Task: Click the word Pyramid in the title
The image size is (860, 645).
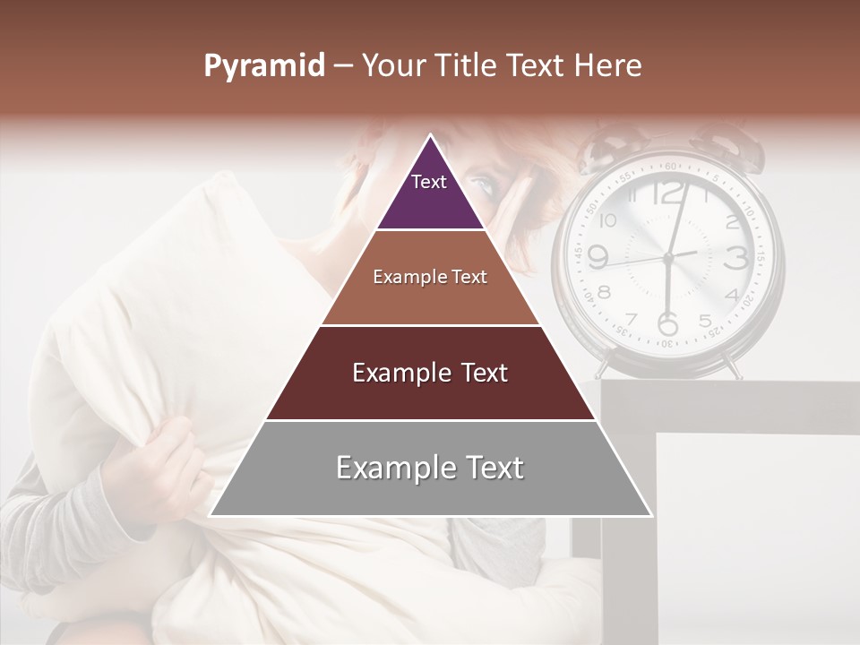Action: [264, 66]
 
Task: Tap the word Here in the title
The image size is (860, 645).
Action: [608, 65]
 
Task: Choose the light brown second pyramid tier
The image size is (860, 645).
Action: [430, 278]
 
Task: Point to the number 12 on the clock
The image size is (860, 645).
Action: [667, 193]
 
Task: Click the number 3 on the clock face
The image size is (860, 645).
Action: [736, 258]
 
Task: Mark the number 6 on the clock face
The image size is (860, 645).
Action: [667, 322]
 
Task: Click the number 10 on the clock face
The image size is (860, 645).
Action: [608, 220]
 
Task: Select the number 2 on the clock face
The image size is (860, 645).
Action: [731, 221]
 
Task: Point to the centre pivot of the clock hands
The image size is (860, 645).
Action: [667, 258]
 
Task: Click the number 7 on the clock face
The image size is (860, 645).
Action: [632, 319]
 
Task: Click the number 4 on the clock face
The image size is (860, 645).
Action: [731, 294]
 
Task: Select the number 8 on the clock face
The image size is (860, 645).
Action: [605, 292]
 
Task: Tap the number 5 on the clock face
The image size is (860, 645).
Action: [705, 320]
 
